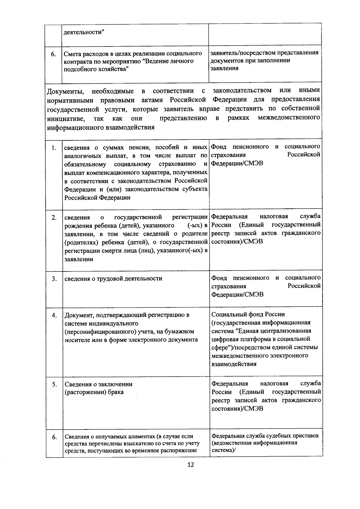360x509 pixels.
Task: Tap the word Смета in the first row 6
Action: tap(73, 54)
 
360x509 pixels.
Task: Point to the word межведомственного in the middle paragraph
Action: tap(289, 118)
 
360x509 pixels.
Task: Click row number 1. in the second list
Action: tap(54, 148)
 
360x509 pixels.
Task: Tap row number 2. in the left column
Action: tap(54, 217)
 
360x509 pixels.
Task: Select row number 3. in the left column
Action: tap(54, 279)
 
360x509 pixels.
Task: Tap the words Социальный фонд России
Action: tap(248, 314)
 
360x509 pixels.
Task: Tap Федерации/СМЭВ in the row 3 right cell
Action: tap(237, 294)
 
